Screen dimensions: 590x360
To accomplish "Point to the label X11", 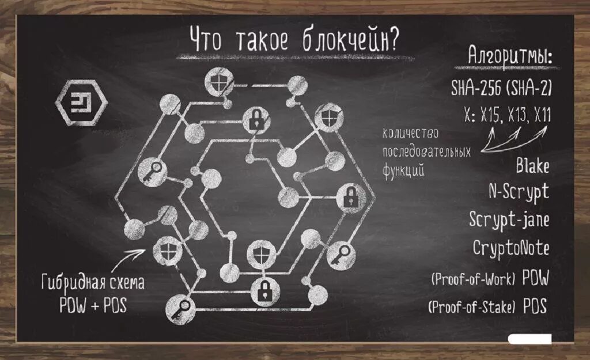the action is (541, 115).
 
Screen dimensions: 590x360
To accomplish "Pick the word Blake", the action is (532, 166).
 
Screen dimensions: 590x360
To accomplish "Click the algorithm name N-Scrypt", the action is (519, 192).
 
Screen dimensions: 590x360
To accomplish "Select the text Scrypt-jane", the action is (509, 220).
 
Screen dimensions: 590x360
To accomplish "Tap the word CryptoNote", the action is (510, 248).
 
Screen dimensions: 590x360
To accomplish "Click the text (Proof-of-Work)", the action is (472, 279).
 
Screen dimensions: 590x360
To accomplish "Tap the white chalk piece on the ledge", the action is (530, 339).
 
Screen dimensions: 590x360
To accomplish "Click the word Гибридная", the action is (69, 284).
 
